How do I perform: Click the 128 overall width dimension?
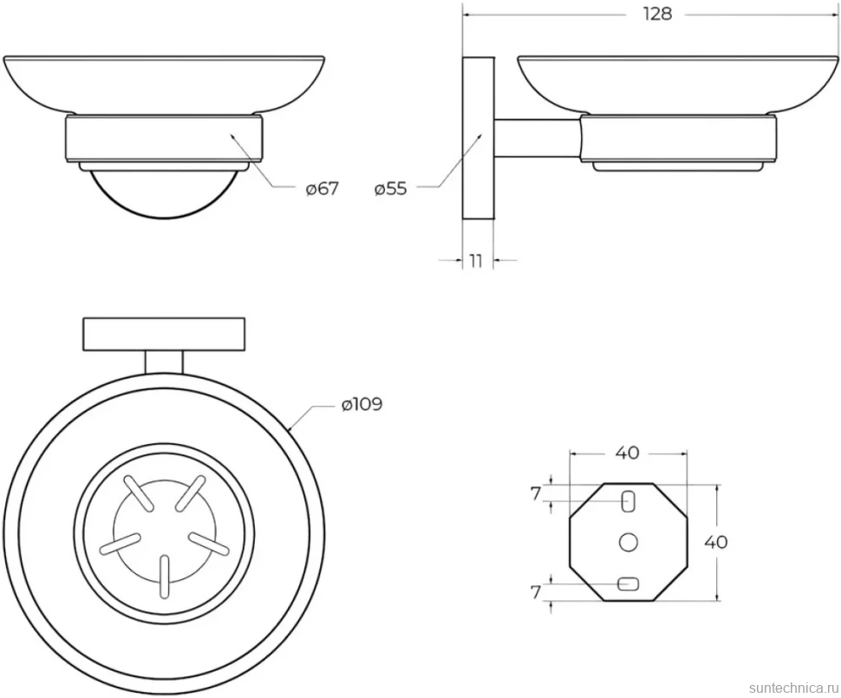pyautogui.click(x=657, y=15)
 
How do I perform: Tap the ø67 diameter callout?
pyautogui.click(x=323, y=189)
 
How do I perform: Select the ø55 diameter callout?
pyautogui.click(x=390, y=189)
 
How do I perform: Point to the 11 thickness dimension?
pyautogui.click(x=476, y=261)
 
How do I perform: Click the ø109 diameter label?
pyautogui.click(x=362, y=404)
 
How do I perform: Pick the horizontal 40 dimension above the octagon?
pyautogui.click(x=628, y=453)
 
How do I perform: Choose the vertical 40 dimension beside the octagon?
pyautogui.click(x=715, y=542)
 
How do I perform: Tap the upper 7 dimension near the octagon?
pyautogui.click(x=535, y=494)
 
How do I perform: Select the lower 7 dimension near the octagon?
pyautogui.click(x=535, y=592)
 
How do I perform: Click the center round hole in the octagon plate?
pyautogui.click(x=628, y=542)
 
